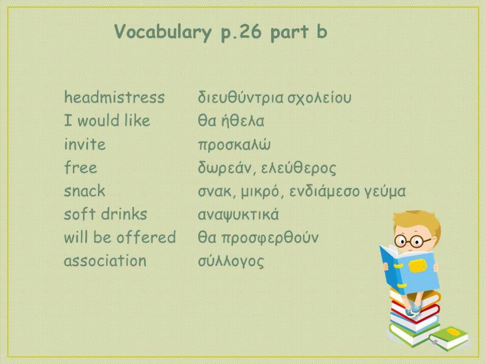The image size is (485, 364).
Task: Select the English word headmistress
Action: [x=114, y=98]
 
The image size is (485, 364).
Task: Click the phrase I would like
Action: [x=107, y=121]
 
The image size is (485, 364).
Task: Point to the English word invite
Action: [x=85, y=144]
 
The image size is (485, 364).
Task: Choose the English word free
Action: [x=81, y=167]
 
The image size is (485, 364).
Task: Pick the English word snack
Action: [x=84, y=191]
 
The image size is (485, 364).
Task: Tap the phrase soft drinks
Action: [x=105, y=214]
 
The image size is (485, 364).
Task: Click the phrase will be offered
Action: [x=120, y=237]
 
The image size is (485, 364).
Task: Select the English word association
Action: [x=105, y=261]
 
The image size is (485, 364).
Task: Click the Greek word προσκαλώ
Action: [x=234, y=145]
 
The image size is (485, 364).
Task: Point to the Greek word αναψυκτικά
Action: [x=238, y=215]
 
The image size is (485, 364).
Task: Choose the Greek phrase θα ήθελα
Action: [x=231, y=121]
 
